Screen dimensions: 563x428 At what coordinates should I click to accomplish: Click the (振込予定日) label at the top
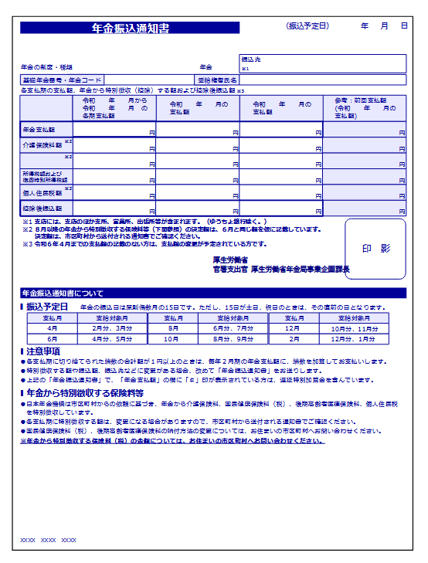(x=307, y=25)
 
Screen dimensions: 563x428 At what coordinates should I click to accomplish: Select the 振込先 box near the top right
(x=322, y=63)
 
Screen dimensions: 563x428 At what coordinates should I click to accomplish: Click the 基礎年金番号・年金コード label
(x=62, y=80)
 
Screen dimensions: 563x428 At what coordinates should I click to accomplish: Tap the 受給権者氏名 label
(x=217, y=80)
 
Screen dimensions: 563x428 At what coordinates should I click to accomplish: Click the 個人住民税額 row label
(x=40, y=192)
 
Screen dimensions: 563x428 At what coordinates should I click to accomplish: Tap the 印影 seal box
(x=375, y=249)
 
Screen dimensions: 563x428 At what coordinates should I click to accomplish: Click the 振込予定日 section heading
(x=47, y=307)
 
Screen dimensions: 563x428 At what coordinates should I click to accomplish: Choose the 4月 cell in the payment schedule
(x=53, y=328)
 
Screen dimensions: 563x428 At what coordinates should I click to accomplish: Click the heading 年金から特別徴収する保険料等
(x=85, y=394)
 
